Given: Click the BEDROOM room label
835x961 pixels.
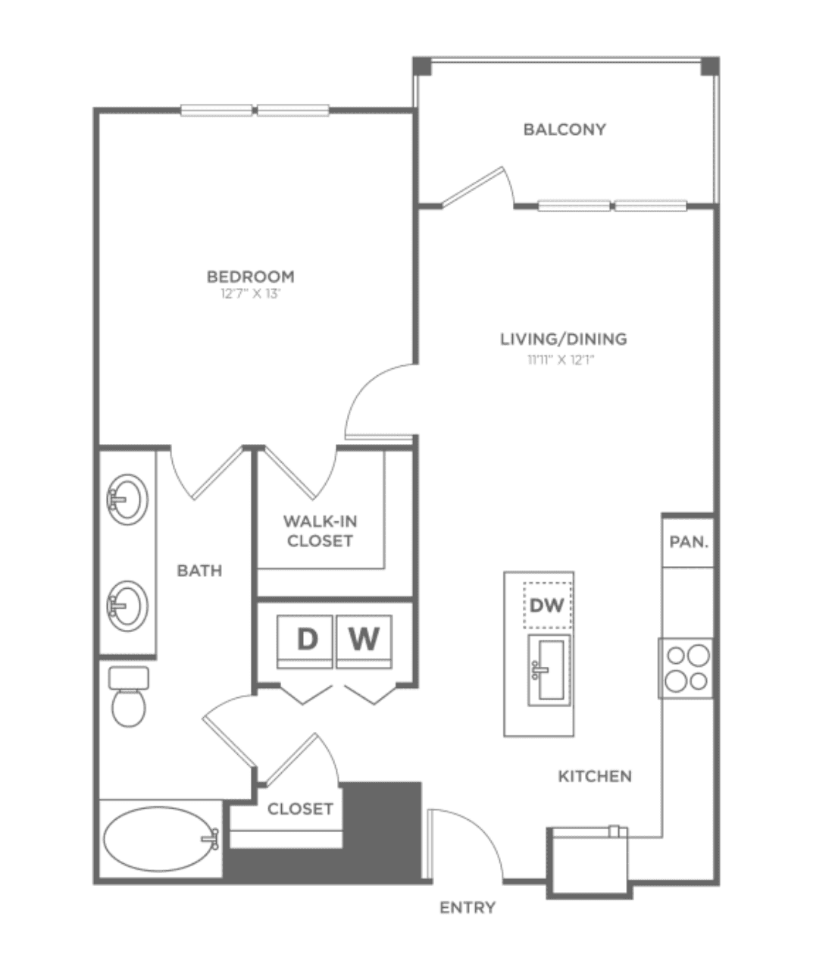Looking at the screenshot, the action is tap(251, 277).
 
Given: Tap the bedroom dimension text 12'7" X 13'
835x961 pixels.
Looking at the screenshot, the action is tap(251, 294).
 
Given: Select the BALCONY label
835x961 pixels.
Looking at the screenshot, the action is tap(564, 129).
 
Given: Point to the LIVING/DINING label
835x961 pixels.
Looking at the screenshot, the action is tap(563, 339).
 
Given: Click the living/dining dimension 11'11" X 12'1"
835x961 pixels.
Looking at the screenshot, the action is tap(561, 360).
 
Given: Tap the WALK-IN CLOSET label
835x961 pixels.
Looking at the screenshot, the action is tap(320, 531).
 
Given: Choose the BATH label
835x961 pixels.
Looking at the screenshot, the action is tap(199, 570).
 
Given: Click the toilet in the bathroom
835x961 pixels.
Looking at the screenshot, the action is tap(129, 696).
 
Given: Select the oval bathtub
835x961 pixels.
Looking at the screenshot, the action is tap(161, 839).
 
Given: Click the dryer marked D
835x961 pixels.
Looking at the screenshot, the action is tap(305, 641).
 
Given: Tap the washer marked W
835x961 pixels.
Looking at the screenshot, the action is tap(364, 641).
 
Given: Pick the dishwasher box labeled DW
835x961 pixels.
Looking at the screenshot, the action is tap(548, 605).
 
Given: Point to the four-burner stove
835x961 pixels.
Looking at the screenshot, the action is tap(686, 668).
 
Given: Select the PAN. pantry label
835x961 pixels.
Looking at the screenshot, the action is tap(689, 542).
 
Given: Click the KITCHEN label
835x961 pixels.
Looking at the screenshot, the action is tap(595, 776).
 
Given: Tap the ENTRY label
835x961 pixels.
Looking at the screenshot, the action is tap(468, 907).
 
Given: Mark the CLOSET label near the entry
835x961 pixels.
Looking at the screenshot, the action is tap(300, 809).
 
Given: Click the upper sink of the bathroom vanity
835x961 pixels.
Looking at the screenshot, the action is tap(128, 499).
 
